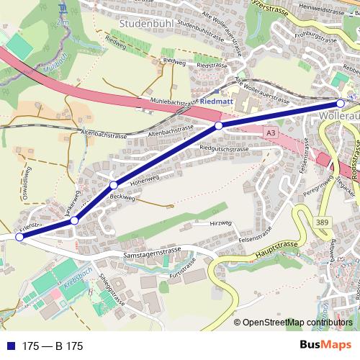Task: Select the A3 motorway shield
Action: (x=270, y=133)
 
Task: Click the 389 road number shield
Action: (x=323, y=222)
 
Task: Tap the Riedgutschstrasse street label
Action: (x=224, y=148)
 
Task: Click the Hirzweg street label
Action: (x=218, y=225)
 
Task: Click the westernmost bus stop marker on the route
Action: (x=19, y=236)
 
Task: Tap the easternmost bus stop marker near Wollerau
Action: (x=342, y=102)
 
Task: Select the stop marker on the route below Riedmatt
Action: (x=219, y=125)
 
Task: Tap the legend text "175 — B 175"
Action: (x=53, y=346)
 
